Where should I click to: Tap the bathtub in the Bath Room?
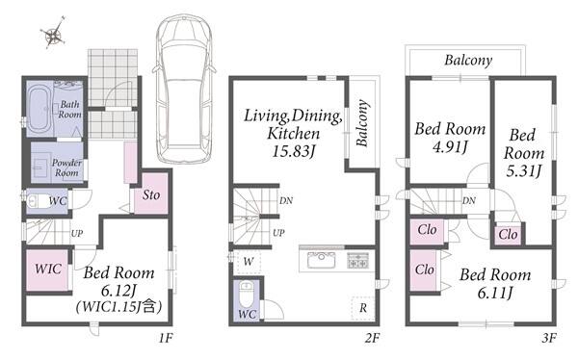pos(39,109)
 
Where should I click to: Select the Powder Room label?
pos(66,167)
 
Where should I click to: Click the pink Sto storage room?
pos(150,193)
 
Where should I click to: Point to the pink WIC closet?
pos(47,270)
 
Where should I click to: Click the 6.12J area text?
pos(118,291)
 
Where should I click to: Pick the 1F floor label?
pos(166,337)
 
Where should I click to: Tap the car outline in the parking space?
pos(184,89)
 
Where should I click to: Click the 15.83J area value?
pos(294,151)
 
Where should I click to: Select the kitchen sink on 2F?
pos(322,260)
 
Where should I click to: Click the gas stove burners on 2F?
pos(357,260)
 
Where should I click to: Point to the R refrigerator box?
pos(363,308)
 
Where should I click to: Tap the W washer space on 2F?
pos(249,262)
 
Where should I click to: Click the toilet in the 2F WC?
pos(246,294)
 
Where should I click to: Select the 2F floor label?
pos(372,337)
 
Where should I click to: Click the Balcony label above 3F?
pos(468,60)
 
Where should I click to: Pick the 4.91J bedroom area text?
pos(450,147)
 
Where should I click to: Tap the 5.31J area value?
pos(523,170)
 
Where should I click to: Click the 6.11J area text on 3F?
pos(495,293)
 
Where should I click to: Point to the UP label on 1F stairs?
pos(77,233)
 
